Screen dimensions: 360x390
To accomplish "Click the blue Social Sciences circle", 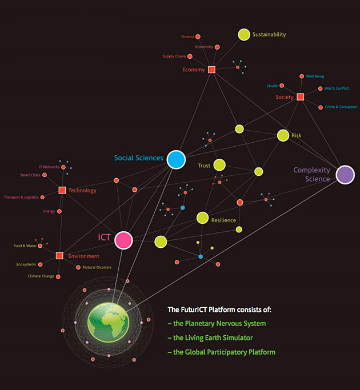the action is pyautogui.click(x=176, y=159).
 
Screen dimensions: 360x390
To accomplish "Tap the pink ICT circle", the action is pyautogui.click(x=123, y=240).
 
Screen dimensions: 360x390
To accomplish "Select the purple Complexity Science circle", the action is pyautogui.click(x=345, y=175).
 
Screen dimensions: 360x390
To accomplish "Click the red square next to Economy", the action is pyautogui.click(x=211, y=70).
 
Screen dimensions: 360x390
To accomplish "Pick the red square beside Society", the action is pyautogui.click(x=301, y=97).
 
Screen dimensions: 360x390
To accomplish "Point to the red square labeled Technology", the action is pyautogui.click(x=62, y=190).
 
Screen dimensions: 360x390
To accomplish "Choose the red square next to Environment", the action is pyautogui.click(x=59, y=255).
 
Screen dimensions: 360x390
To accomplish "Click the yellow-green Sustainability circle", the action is pyautogui.click(x=244, y=35).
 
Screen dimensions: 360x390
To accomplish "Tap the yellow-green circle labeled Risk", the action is pyautogui.click(x=283, y=135).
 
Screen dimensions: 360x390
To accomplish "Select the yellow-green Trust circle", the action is pyautogui.click(x=219, y=165).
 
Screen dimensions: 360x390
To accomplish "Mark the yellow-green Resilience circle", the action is pyautogui.click(x=202, y=218).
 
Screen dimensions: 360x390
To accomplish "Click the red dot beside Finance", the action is pyautogui.click(x=198, y=37).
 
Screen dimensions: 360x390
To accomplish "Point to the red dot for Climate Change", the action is pyautogui.click(x=58, y=276).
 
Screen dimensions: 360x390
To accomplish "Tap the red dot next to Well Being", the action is pyautogui.click(x=302, y=77).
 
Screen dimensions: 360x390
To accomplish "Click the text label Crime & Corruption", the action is pyautogui.click(x=341, y=107).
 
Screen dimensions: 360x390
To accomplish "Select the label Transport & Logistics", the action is pyautogui.click(x=21, y=197).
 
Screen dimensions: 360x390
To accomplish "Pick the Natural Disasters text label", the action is pyautogui.click(x=97, y=267).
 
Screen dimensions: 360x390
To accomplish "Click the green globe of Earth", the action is pyautogui.click(x=109, y=323).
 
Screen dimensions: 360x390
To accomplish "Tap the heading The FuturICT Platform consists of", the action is pyautogui.click(x=219, y=309).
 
